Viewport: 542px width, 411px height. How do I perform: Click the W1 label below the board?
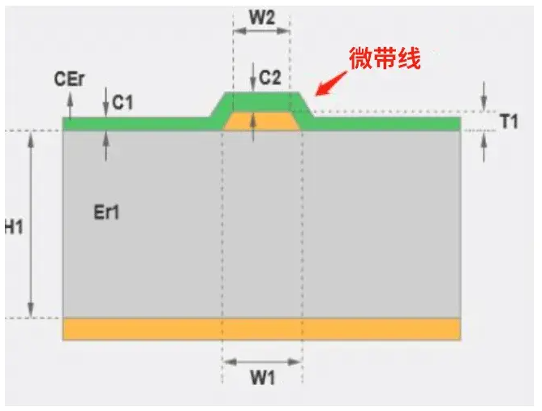pos(261,378)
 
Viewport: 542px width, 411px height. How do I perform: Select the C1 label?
pos(123,102)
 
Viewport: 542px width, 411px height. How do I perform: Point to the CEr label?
pos(70,79)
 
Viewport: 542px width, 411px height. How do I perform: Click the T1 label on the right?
pos(509,122)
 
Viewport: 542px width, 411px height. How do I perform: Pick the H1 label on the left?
pos(13,227)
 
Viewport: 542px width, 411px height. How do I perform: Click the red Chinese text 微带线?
pos(385,58)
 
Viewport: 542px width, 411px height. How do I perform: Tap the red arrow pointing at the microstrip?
pos(331,84)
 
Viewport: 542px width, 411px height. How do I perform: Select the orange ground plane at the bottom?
pos(261,328)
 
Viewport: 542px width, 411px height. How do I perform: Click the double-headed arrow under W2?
pos(261,32)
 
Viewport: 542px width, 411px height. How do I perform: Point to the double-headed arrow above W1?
pos(261,361)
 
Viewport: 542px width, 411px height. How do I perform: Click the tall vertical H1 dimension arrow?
pos(32,225)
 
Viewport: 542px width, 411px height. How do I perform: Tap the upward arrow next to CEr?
pos(70,103)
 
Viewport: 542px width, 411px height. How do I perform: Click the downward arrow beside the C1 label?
pos(107,102)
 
